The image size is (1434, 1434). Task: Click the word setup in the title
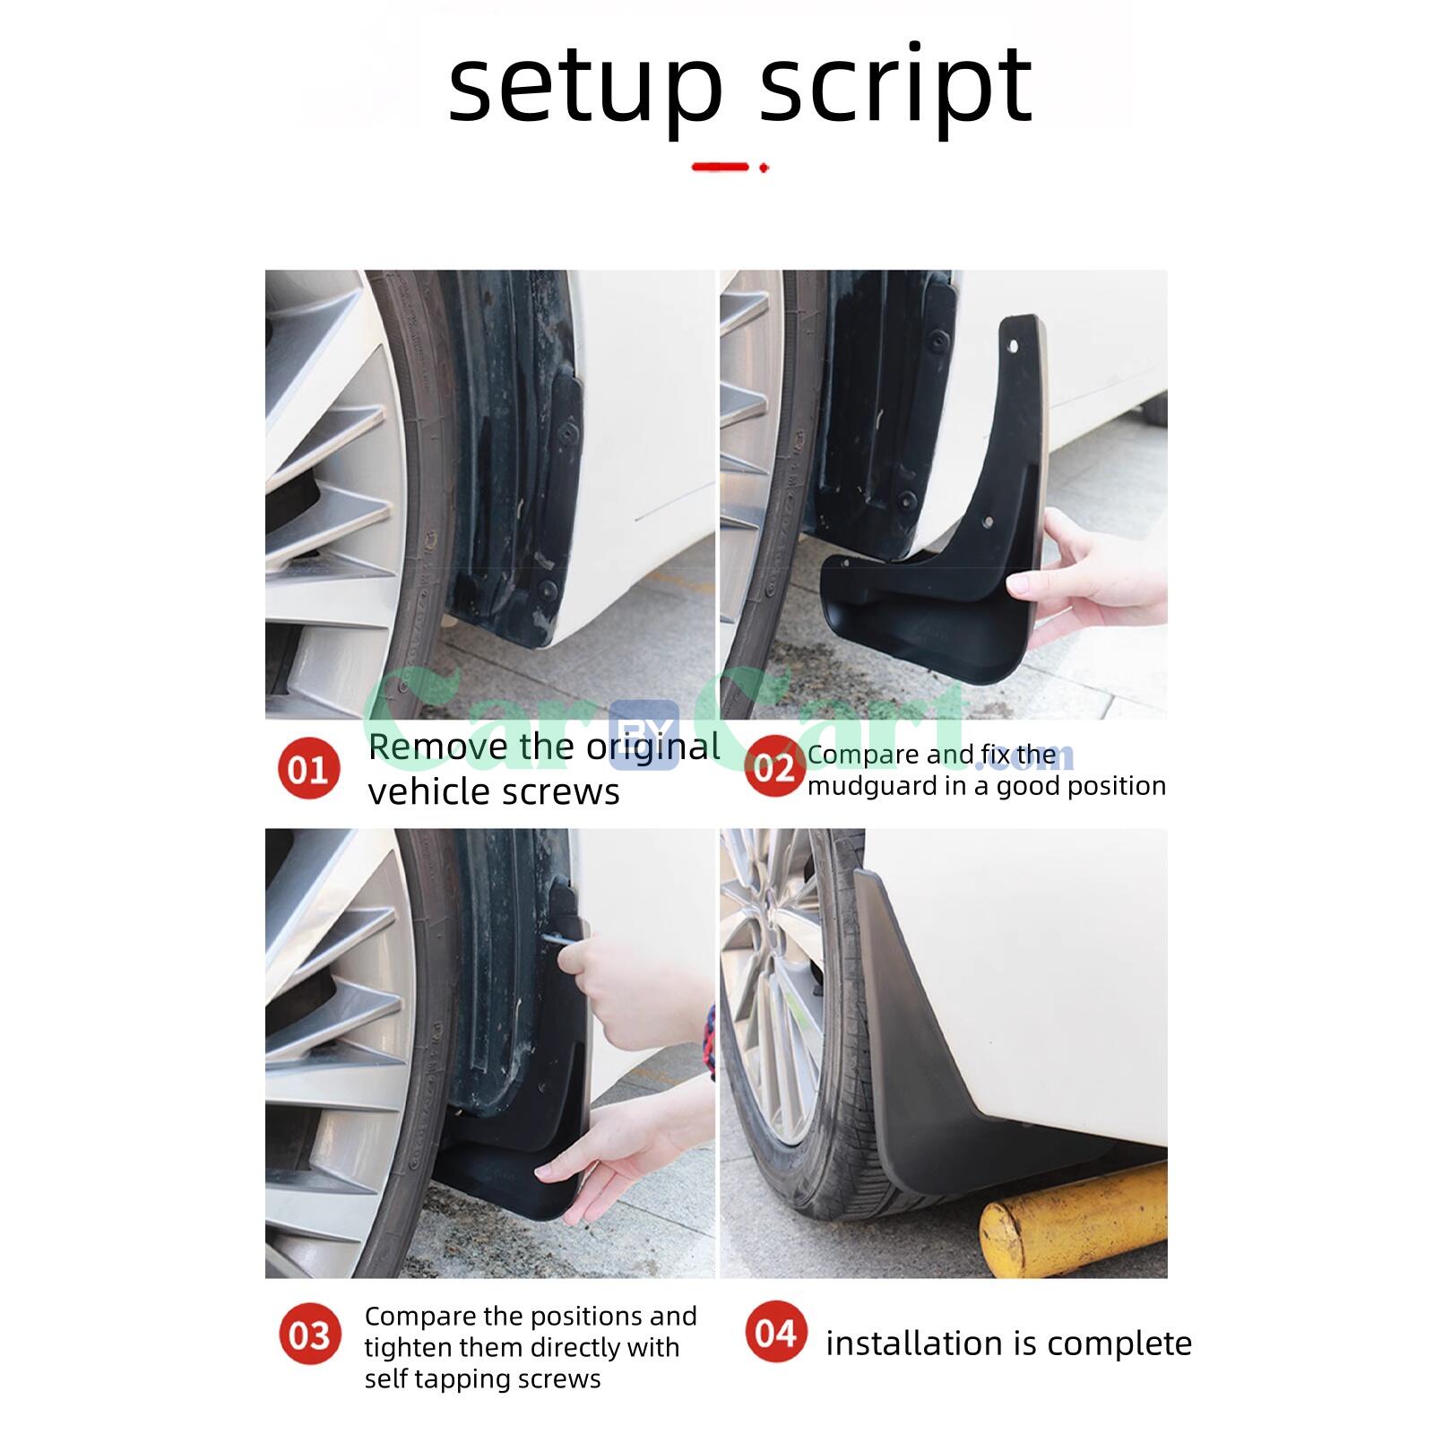point(584,87)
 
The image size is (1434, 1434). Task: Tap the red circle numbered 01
point(308,769)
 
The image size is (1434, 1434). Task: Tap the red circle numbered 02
point(773,767)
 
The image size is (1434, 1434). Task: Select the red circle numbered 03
point(309,1335)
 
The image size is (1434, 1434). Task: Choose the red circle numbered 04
point(775,1333)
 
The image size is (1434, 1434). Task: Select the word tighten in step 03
point(412,1347)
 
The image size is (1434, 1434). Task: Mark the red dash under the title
point(720,167)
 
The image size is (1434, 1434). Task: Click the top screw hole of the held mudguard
point(1014,345)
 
